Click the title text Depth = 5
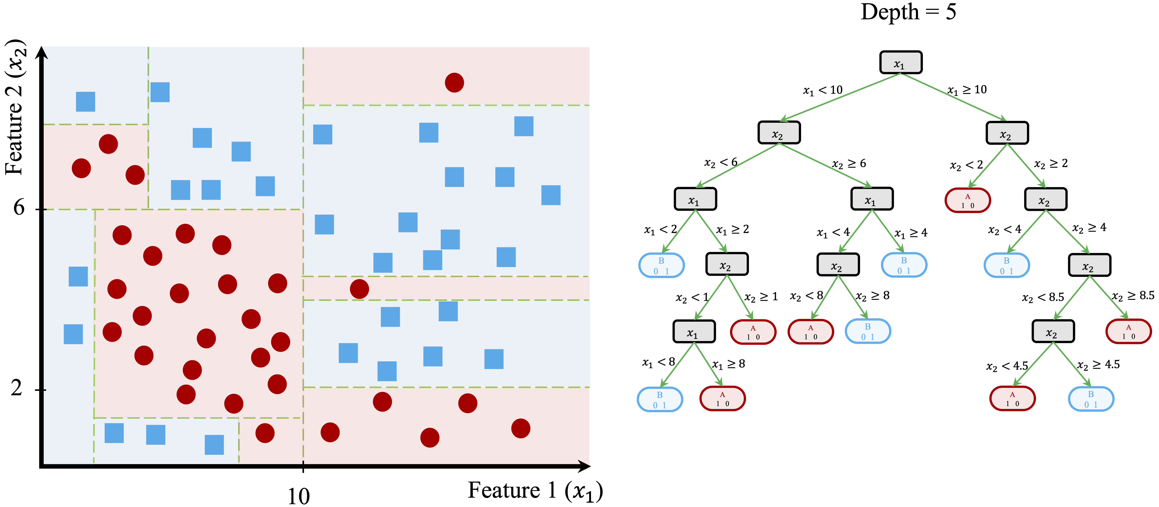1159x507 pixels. coord(908,12)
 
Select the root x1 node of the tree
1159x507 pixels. coord(900,62)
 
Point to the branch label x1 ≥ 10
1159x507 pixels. coord(967,90)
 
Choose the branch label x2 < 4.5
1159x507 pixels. coord(1007,366)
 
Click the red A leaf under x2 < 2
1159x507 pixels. coord(967,201)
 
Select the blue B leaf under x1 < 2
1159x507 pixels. coord(661,265)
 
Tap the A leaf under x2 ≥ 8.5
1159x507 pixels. coord(1128,331)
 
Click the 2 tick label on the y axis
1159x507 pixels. coord(17,388)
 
